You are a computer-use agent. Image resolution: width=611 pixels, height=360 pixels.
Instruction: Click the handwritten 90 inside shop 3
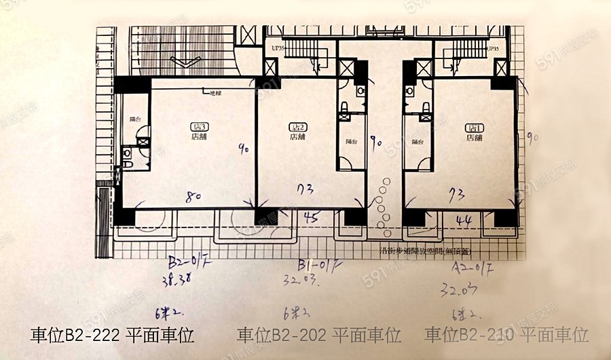pos(243,147)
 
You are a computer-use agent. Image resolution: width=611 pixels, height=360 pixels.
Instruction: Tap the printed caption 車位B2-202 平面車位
pos(319,335)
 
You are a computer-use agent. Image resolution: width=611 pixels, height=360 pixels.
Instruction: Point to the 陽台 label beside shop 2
pos(351,142)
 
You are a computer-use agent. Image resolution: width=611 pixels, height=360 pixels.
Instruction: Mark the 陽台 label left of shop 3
pos(134,119)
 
